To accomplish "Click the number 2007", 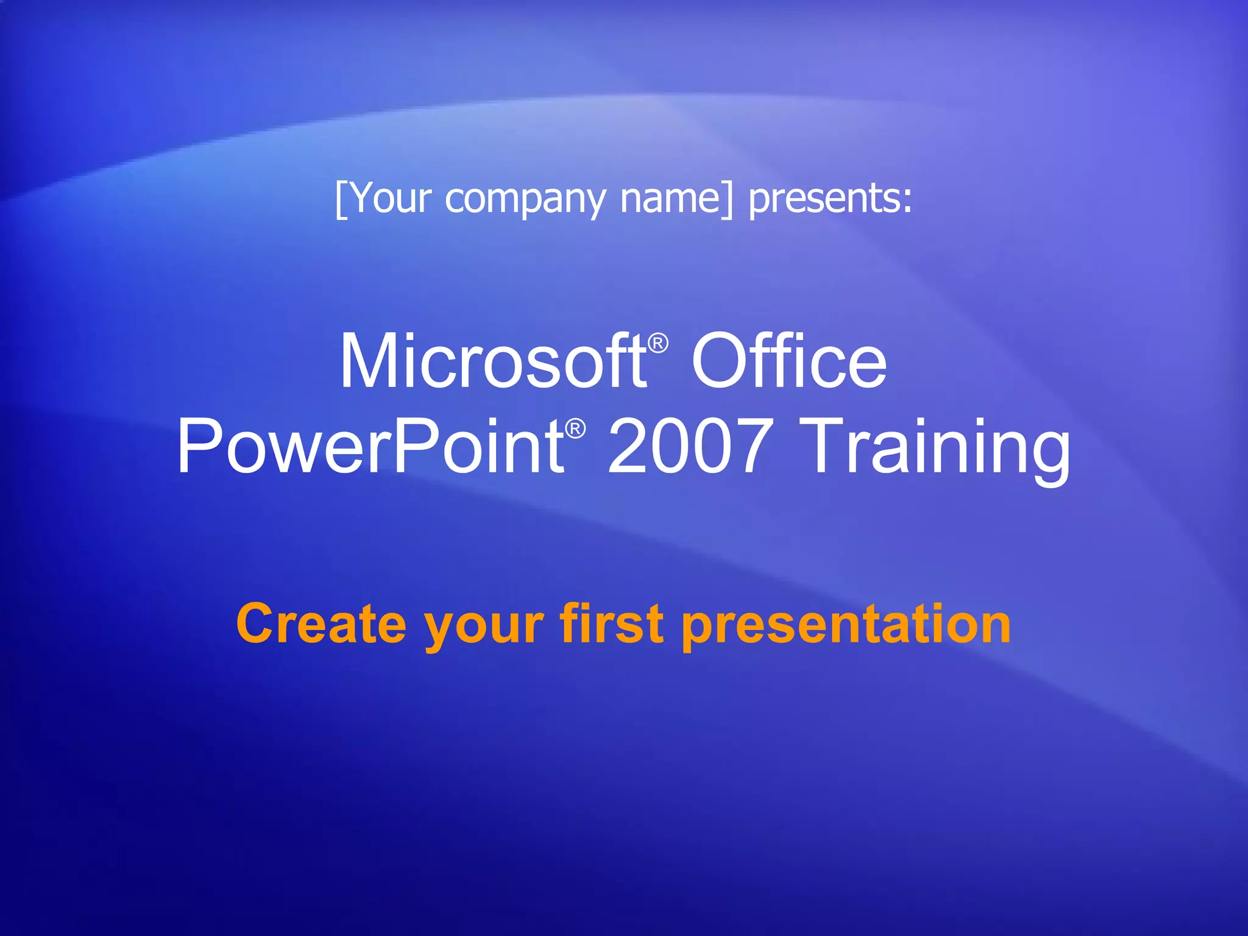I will [688, 447].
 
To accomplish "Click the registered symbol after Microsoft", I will [658, 344].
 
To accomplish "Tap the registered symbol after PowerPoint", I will [575, 429].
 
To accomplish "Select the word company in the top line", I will [525, 200].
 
